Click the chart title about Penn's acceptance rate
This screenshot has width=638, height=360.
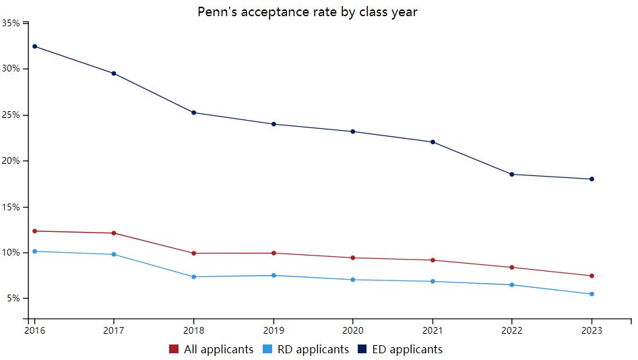click(307, 12)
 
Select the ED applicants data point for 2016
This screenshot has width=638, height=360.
click(34, 47)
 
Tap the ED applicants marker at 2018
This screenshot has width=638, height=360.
click(194, 113)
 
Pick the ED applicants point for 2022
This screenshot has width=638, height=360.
click(512, 175)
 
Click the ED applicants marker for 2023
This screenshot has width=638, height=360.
click(592, 179)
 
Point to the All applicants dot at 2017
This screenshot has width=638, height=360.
click(114, 233)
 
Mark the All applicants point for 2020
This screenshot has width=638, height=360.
click(352, 258)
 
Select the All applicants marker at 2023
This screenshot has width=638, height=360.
click(592, 276)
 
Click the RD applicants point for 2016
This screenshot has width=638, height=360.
click(34, 251)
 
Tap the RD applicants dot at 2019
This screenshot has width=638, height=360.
click(274, 275)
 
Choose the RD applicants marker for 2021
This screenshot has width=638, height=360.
click(432, 281)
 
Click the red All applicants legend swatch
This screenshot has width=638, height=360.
click(174, 349)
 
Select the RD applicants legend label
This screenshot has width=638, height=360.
click(311, 349)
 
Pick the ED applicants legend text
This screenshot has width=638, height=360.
click(407, 349)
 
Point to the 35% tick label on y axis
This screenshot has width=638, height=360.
click(11, 23)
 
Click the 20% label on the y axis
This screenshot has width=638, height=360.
click(11, 161)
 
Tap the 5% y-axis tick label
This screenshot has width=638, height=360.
click(13, 299)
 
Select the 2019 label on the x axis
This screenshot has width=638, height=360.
click(273, 330)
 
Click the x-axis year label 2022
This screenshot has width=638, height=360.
click(511, 330)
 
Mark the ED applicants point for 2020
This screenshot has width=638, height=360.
click(352, 131)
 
